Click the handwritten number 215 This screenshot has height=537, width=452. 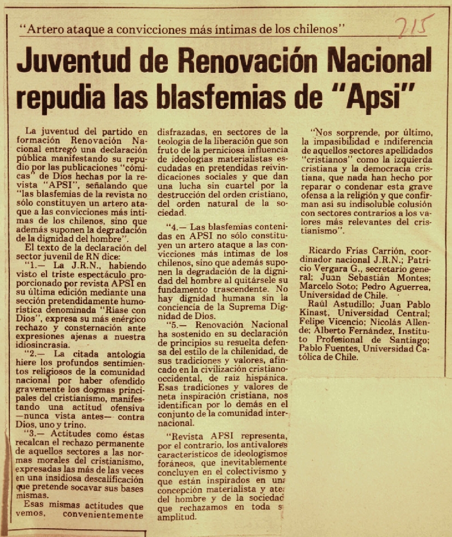413,27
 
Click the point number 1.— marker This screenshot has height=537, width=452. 38,265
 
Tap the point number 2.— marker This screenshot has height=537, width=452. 38,354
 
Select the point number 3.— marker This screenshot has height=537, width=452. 38,434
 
